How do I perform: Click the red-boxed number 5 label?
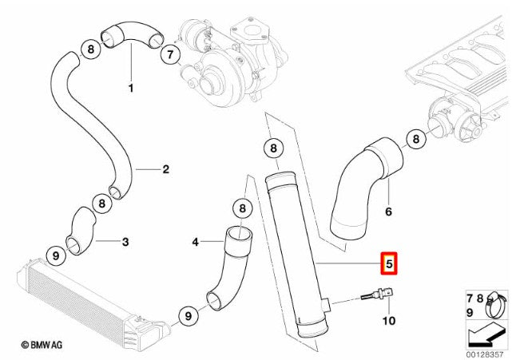[388, 263]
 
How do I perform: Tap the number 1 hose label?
[131, 88]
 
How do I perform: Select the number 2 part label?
[166, 169]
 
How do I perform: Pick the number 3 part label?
[125, 242]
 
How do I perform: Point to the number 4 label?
[195, 242]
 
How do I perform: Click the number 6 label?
[388, 212]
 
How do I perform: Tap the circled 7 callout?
[170, 54]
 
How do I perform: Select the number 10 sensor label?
[388, 321]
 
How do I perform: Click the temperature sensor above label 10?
[378, 295]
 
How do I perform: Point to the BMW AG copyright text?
[42, 345]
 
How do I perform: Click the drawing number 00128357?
[485, 354]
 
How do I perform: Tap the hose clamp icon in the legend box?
[496, 306]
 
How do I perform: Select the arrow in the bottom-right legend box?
[486, 335]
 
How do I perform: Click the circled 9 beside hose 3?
[56, 255]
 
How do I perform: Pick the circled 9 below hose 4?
[189, 315]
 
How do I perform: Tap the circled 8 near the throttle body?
[415, 139]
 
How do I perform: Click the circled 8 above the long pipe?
[273, 148]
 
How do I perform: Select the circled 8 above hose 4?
[242, 208]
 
